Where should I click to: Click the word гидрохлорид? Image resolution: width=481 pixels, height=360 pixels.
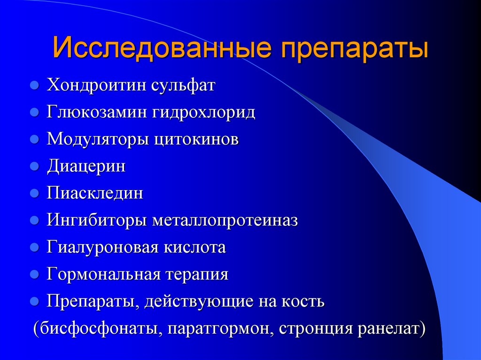click(203, 113)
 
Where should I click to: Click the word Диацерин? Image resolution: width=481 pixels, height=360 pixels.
click(86, 167)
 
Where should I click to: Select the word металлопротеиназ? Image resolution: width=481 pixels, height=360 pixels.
click(225, 221)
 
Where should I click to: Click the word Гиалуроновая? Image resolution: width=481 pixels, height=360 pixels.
click(101, 247)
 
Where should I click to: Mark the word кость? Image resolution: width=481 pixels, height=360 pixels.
click(303, 301)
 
